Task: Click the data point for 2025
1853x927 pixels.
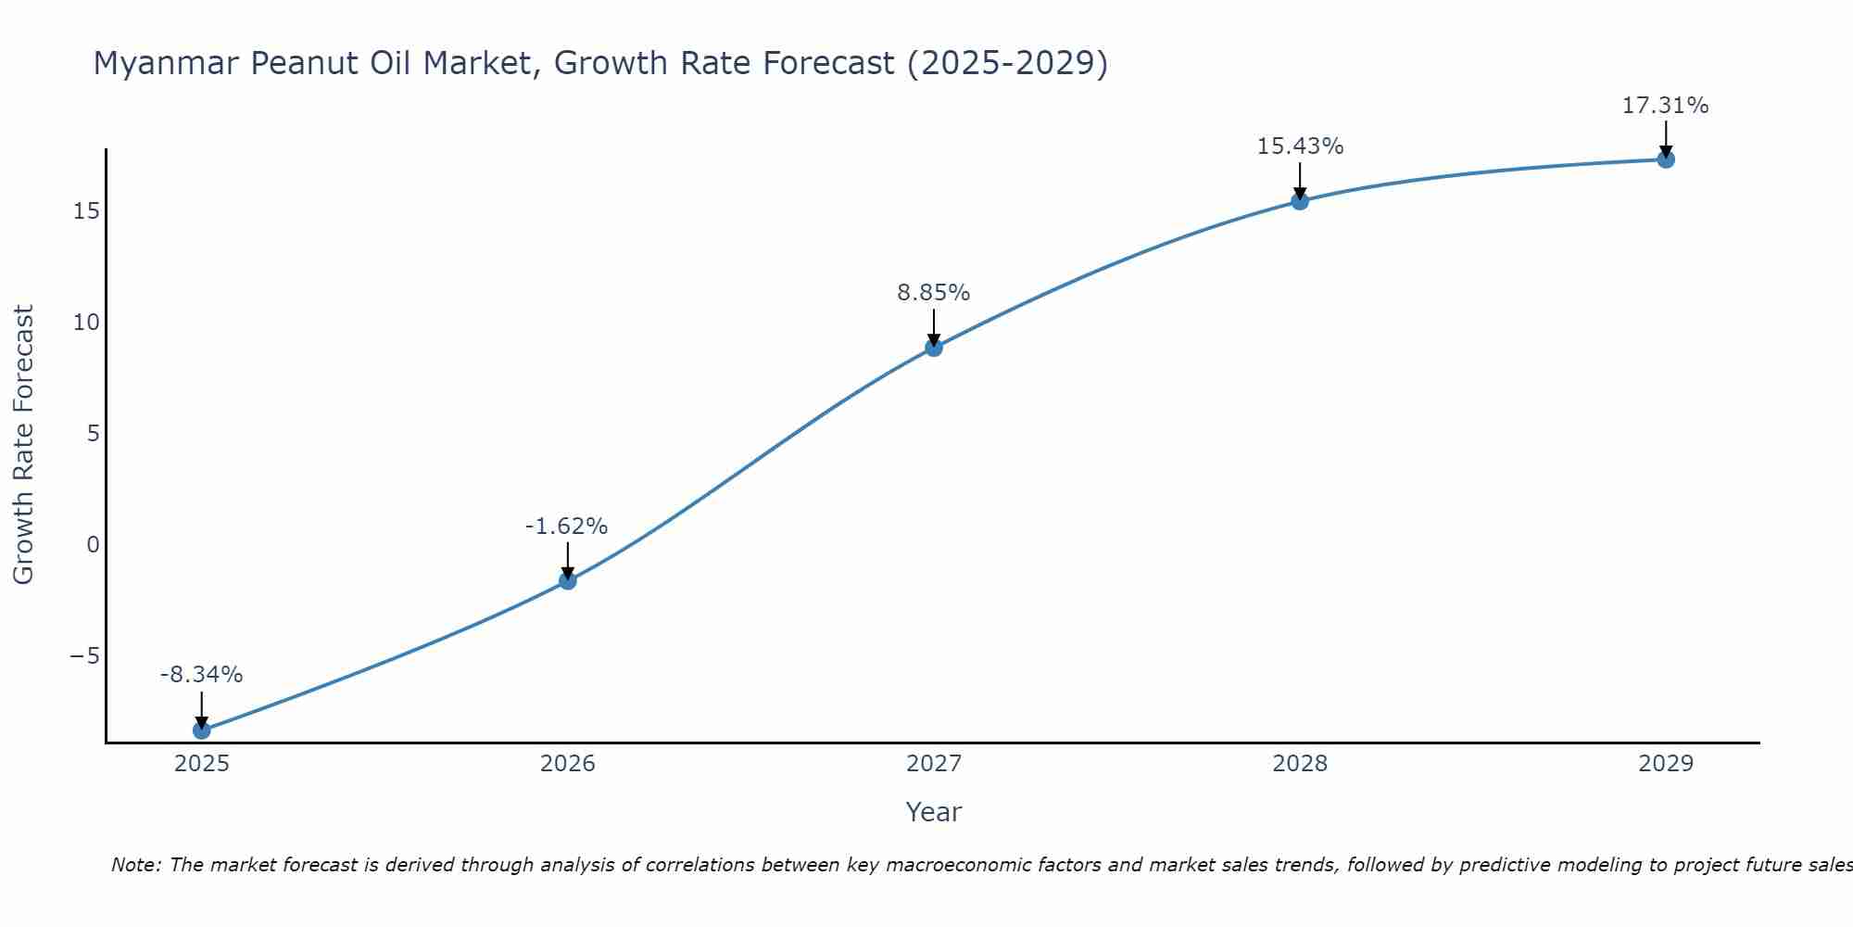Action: click(201, 730)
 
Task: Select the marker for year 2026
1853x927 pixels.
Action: click(568, 581)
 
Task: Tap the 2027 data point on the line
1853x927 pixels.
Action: click(934, 348)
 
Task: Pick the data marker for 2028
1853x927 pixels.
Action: click(1300, 201)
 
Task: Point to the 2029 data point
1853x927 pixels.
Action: click(1666, 159)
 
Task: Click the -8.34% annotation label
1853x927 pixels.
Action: click(201, 675)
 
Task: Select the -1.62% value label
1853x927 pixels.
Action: click(566, 527)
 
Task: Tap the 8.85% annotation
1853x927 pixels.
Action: click(933, 293)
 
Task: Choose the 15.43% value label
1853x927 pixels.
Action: click(1300, 146)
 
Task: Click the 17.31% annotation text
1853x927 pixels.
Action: click(1665, 106)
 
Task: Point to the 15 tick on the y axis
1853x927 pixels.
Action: click(86, 211)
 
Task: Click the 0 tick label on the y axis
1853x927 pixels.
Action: click(93, 545)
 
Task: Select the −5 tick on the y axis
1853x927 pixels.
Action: click(84, 656)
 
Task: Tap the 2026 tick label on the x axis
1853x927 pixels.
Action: click(568, 764)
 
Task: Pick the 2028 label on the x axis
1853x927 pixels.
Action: click(1300, 764)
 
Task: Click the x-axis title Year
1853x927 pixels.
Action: click(933, 812)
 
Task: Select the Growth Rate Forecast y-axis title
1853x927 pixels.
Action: click(23, 445)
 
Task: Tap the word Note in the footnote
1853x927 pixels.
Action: click(135, 865)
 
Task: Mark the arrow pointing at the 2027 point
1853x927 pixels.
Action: click(934, 327)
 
